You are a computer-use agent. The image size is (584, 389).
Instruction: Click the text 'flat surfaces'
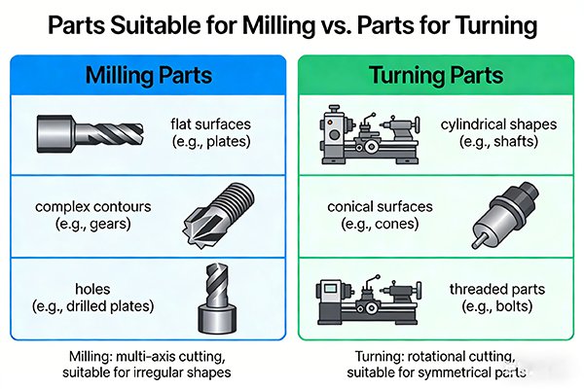[x=211, y=124]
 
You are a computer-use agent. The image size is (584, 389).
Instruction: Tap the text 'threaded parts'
[x=495, y=289]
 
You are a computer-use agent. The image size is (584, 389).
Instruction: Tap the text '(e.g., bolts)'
[x=495, y=306]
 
